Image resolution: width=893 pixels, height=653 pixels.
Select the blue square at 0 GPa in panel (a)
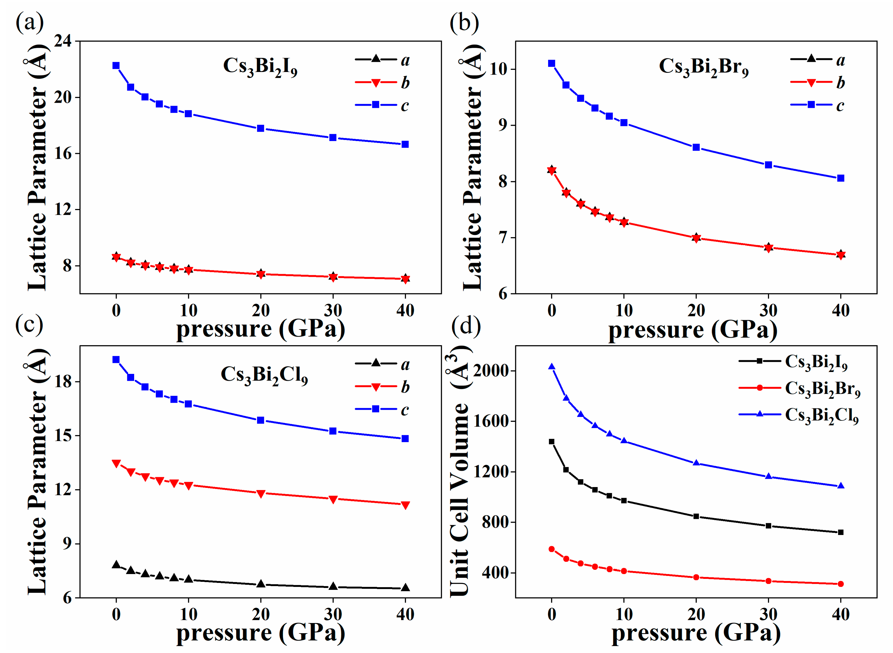(116, 66)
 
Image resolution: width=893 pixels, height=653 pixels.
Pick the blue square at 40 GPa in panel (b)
(841, 178)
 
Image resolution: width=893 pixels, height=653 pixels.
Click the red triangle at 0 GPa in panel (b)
(551, 171)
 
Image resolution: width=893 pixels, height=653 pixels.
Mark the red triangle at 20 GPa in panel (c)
(261, 494)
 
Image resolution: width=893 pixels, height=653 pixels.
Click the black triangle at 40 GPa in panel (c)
(405, 587)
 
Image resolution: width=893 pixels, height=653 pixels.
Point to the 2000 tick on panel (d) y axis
(490, 371)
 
